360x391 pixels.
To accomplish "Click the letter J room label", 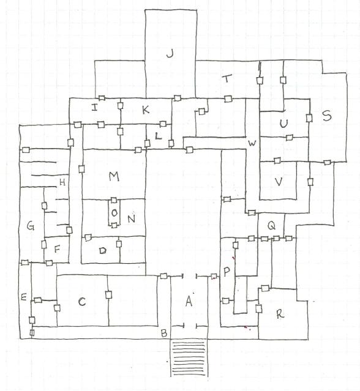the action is pos(170,53).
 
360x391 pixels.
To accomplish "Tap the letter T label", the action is pos(227,78).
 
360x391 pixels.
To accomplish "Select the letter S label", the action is pos(326,116).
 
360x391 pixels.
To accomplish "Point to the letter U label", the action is pos(283,124).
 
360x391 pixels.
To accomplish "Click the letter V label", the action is pos(279,182).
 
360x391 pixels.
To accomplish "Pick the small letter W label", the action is pos(252,143).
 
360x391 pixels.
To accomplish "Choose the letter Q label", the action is pos(271,226).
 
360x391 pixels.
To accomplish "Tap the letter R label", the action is pos(280,314).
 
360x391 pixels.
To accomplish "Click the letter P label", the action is pos(227,272).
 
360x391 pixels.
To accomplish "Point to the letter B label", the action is pos(164,333).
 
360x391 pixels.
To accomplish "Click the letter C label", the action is pos(82,302).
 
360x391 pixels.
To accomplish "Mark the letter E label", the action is pos(24,297).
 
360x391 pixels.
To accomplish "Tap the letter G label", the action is pos(30,226).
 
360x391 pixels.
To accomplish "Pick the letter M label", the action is pos(114,177).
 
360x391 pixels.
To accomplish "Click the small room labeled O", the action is pos(114,213).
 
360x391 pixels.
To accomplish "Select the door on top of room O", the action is pos(114,200).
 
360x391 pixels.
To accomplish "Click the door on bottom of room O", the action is pos(114,225).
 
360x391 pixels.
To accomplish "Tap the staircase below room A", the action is pos(189,357).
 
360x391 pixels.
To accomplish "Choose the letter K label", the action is pos(146,110).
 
